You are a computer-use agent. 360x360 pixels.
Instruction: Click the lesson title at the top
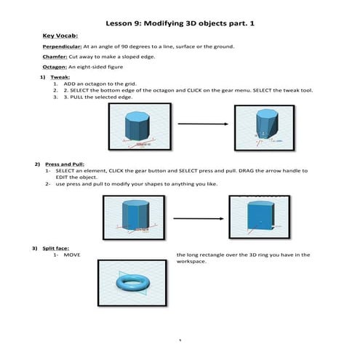click(179, 23)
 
